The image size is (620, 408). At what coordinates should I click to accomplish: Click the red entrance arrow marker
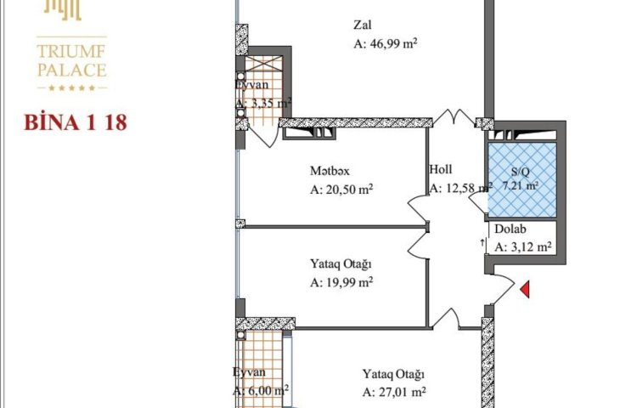click(x=525, y=289)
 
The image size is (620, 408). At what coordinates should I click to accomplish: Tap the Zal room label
click(x=362, y=25)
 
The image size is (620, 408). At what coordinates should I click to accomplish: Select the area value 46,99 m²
click(x=386, y=43)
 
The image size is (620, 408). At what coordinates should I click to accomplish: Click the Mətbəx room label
click(x=330, y=171)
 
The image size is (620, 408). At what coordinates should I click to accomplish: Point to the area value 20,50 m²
click(x=341, y=190)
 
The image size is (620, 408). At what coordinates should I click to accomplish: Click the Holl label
click(x=441, y=169)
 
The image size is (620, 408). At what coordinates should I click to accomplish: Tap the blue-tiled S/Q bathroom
click(x=522, y=179)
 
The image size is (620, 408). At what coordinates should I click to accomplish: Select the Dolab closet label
click(x=510, y=229)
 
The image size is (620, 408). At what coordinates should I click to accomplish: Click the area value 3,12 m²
click(x=522, y=247)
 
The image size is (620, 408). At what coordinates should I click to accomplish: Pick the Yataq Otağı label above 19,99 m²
click(x=341, y=264)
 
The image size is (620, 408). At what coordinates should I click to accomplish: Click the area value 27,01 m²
click(x=394, y=392)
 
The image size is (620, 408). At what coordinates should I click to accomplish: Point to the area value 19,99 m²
click(x=341, y=282)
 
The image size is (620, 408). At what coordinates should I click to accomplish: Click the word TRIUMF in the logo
click(x=71, y=51)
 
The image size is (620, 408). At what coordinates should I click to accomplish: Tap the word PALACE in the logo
click(x=71, y=70)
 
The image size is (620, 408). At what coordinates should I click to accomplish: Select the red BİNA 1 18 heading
click(x=76, y=122)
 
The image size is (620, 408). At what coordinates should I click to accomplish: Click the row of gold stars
click(x=71, y=88)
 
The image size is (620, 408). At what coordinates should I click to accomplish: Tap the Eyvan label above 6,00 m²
click(x=249, y=372)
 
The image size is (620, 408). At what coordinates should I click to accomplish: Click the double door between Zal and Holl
click(x=454, y=117)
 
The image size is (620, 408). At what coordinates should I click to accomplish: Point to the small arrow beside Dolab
click(x=482, y=242)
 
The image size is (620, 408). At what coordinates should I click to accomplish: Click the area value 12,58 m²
click(x=461, y=189)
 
